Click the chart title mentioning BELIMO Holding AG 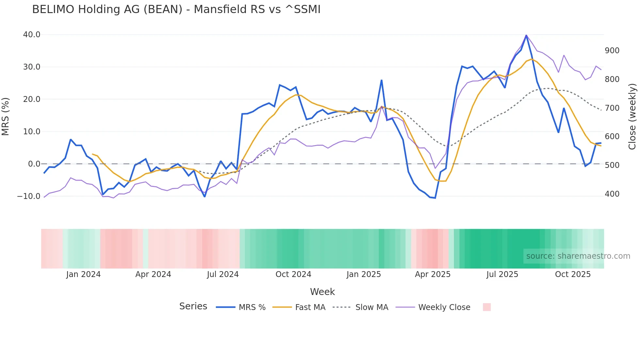[x=176, y=9]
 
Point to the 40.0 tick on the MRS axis [x=32, y=35]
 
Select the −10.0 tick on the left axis [x=29, y=196]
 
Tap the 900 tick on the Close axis [x=612, y=51]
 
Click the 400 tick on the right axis [x=612, y=194]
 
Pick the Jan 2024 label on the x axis [x=83, y=274]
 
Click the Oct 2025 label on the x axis [x=573, y=274]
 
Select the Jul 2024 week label [x=223, y=274]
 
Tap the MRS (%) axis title [x=6, y=116]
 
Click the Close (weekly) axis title [x=632, y=116]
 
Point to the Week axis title [x=322, y=292]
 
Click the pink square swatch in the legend [x=487, y=307]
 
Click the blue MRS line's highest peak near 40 [x=526, y=35]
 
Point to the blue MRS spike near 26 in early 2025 [x=381, y=80]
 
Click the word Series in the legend [x=193, y=306]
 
